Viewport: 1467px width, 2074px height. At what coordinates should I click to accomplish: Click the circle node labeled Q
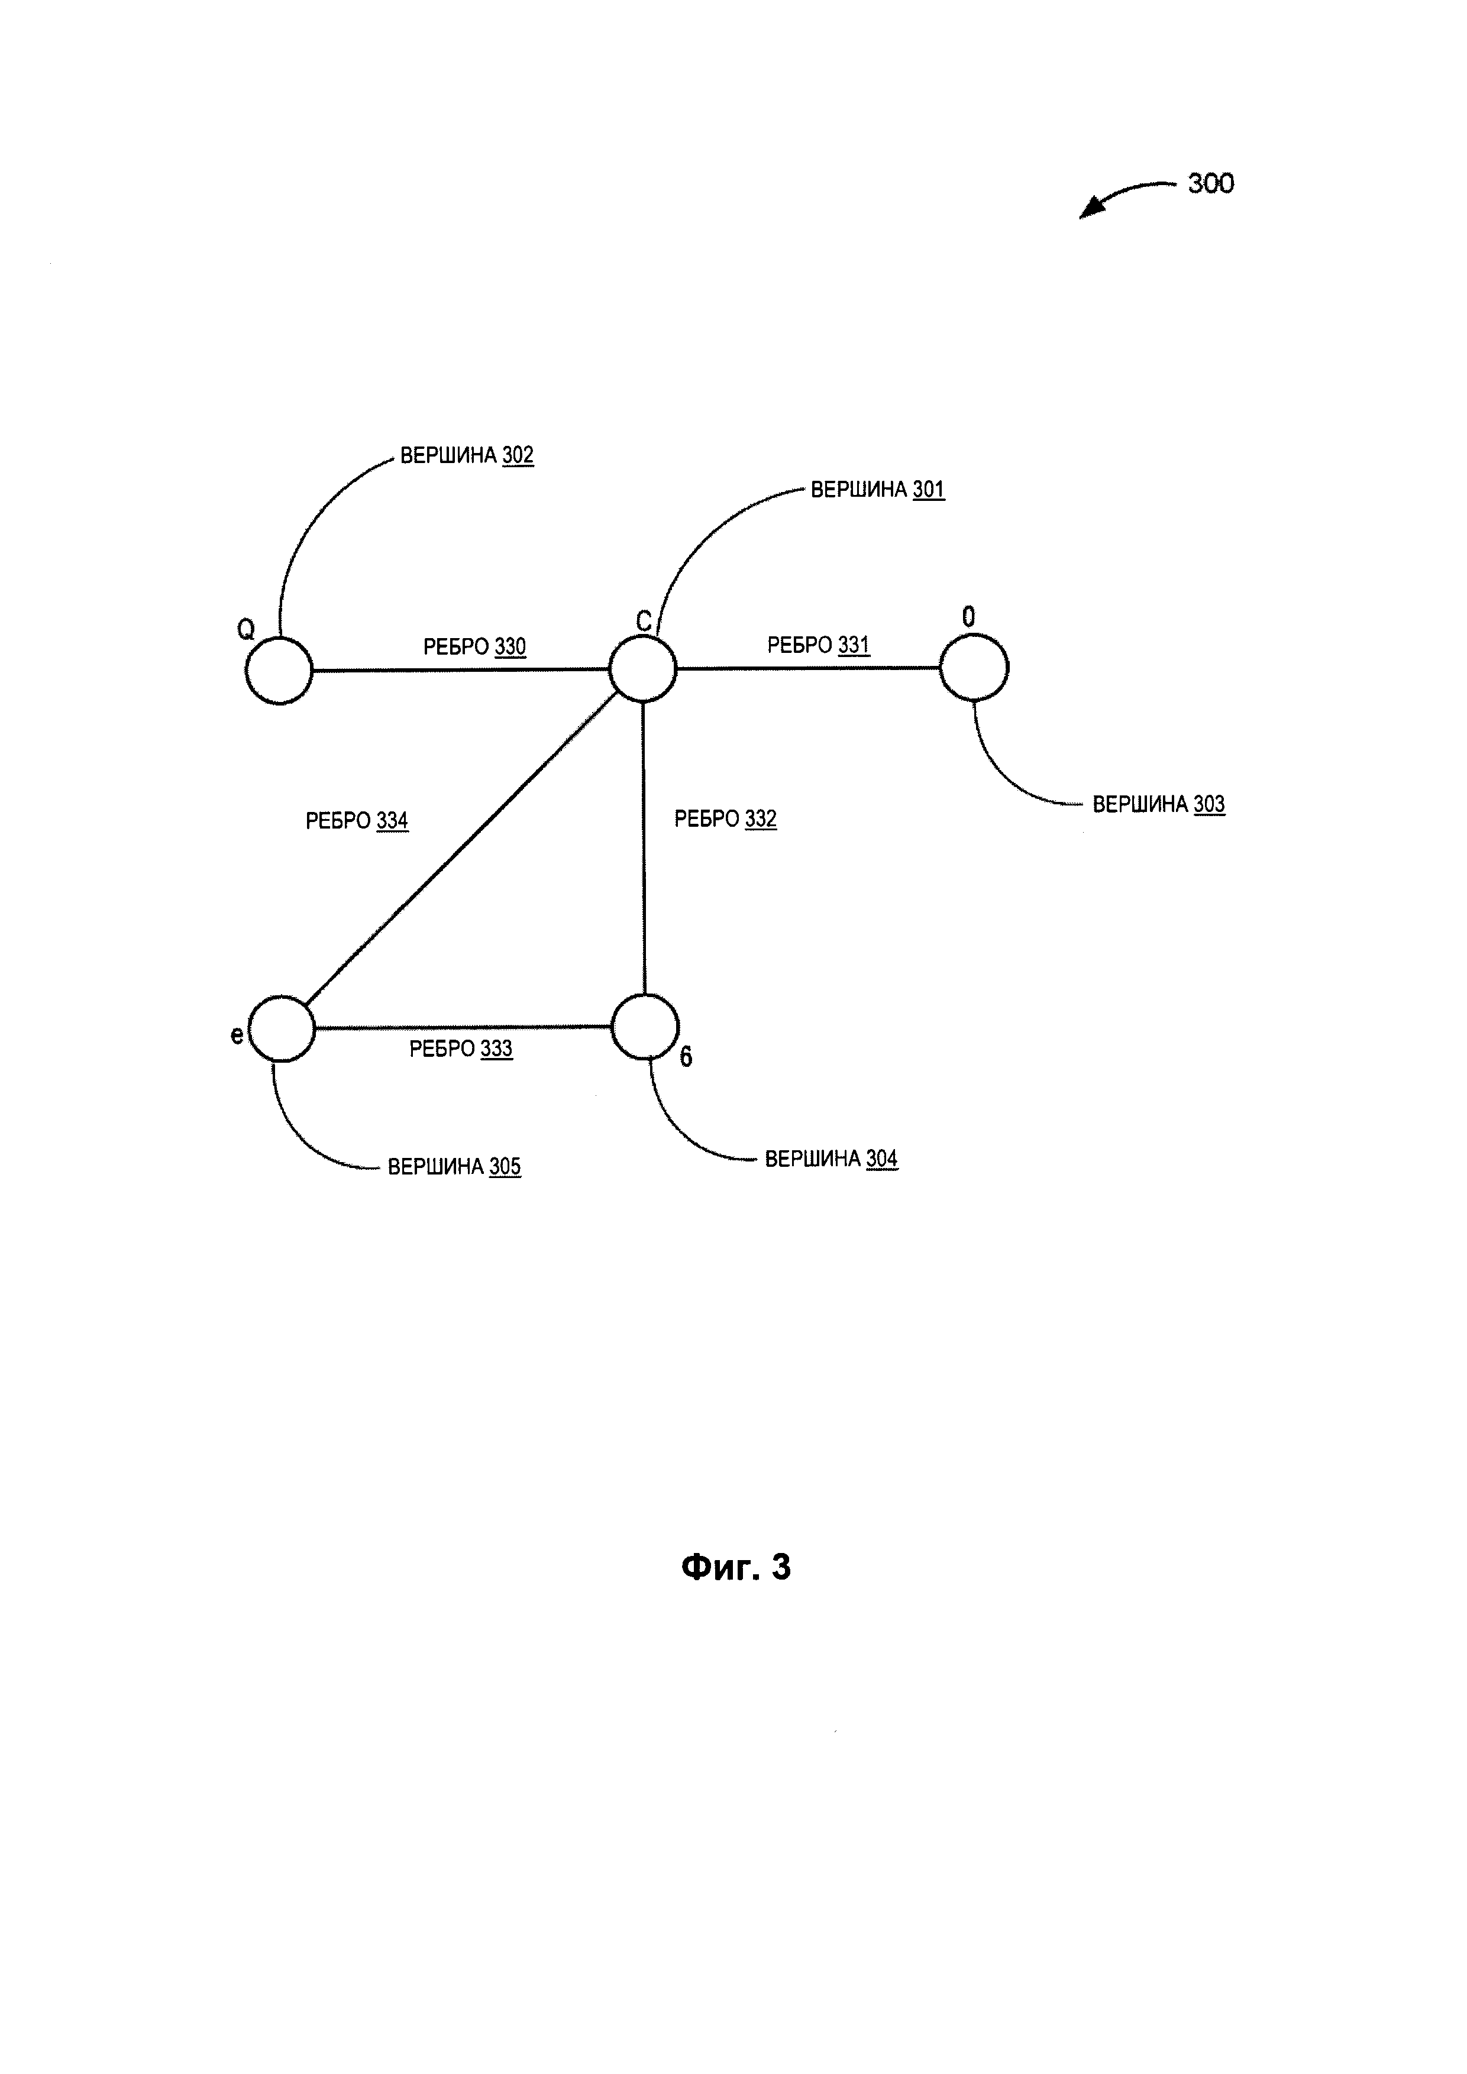pos(279,670)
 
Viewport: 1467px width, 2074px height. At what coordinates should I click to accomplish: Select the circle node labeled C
pos(642,668)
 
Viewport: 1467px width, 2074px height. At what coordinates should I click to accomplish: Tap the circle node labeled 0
pos(974,666)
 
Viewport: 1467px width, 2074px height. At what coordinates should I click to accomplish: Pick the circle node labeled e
pos(282,1028)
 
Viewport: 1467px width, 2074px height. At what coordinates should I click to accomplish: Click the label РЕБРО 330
pos(474,647)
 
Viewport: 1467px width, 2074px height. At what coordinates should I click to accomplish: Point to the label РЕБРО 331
pos(819,645)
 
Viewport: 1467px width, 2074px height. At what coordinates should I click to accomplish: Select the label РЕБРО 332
pos(725,818)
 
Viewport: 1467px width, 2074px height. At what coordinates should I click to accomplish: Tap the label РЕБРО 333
pos(461,1049)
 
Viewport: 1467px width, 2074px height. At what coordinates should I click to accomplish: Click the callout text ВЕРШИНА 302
pos(467,455)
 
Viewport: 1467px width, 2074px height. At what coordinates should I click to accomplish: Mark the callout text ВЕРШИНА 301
pos(877,490)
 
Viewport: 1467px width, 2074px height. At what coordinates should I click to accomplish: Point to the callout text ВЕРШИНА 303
pos(1158,804)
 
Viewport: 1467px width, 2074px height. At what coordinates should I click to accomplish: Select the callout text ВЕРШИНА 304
pos(831,1159)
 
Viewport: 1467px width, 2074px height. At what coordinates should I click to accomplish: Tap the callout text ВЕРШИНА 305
pos(454,1166)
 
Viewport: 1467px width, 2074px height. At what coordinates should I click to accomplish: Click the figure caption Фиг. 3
pos(735,1567)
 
